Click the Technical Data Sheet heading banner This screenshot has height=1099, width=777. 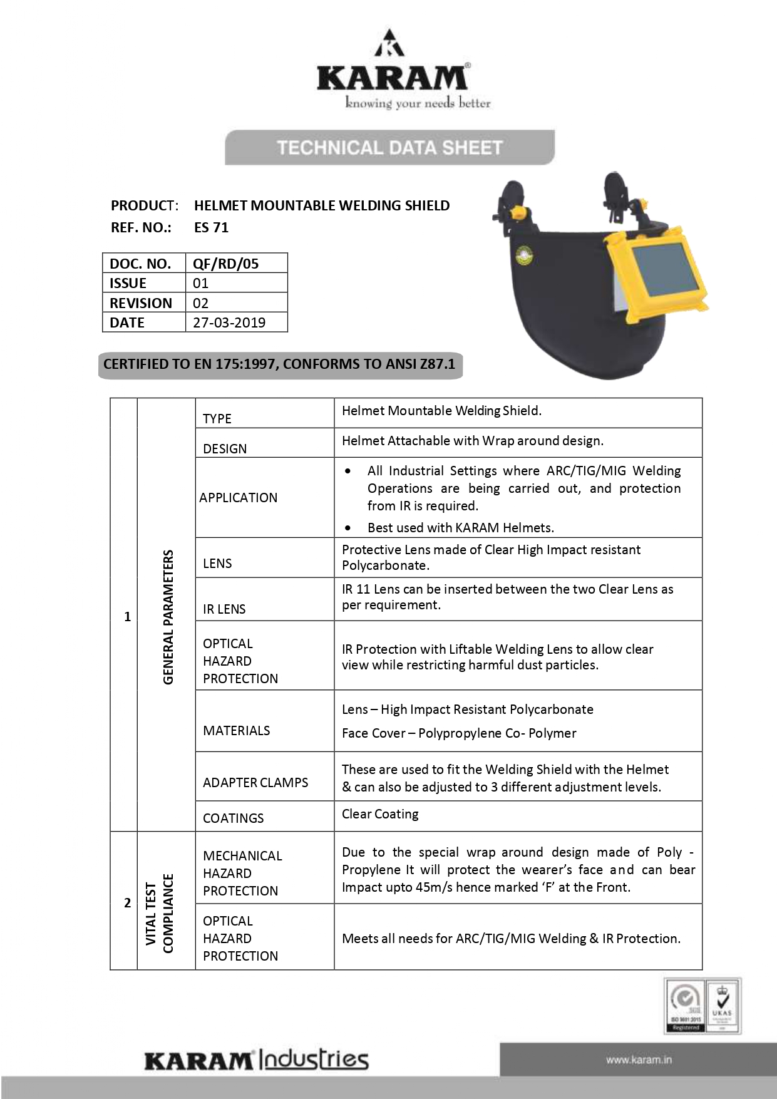click(x=389, y=148)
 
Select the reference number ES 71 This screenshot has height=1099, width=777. click(x=212, y=227)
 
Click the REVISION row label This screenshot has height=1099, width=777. click(x=141, y=303)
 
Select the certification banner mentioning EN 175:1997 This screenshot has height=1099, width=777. click(x=280, y=364)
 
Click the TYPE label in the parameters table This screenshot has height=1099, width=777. click(x=217, y=418)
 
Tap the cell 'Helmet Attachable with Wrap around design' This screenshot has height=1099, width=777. click(x=473, y=441)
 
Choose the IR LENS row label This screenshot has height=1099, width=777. click(x=224, y=609)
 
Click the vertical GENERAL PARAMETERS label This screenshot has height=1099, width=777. click(x=168, y=617)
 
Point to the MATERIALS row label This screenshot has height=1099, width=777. click(x=237, y=730)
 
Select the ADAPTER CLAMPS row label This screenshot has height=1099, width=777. click(x=255, y=782)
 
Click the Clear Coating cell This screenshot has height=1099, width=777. click(x=380, y=814)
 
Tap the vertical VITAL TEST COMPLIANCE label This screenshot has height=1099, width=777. click(x=159, y=913)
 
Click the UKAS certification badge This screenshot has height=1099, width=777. click(x=722, y=1006)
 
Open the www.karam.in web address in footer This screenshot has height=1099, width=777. click(x=639, y=1060)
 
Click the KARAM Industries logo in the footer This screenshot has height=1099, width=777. click(x=257, y=1060)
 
